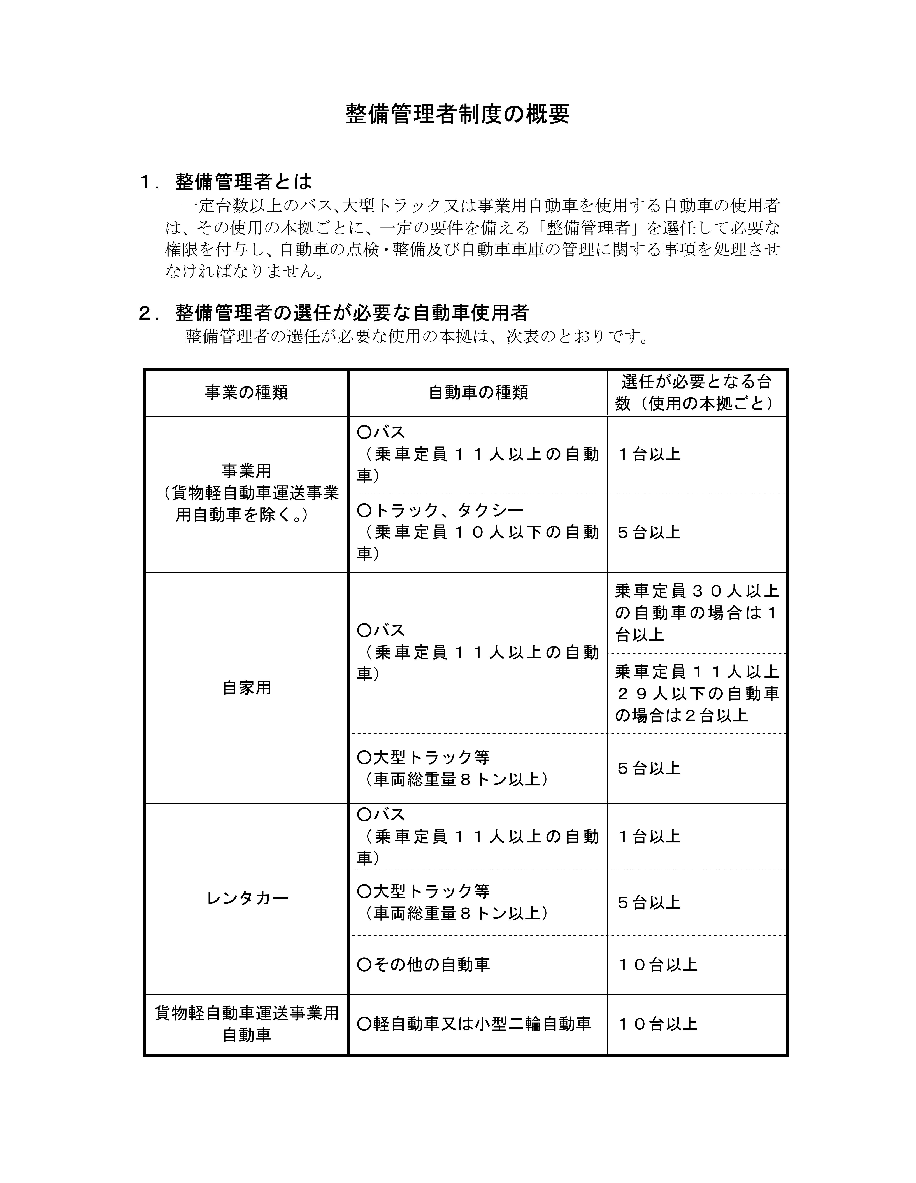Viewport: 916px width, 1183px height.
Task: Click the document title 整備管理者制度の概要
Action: [x=458, y=114]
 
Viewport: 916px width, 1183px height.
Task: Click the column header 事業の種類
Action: [x=247, y=392]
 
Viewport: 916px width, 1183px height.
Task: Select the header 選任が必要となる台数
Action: [x=696, y=392]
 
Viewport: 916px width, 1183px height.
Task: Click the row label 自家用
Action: [x=247, y=688]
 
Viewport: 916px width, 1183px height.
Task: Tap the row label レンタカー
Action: [x=247, y=898]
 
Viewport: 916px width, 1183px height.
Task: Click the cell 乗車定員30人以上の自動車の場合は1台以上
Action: [x=696, y=613]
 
